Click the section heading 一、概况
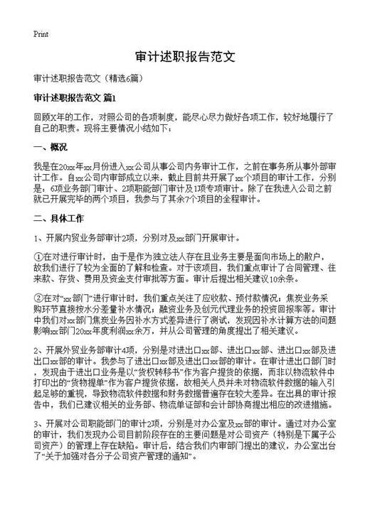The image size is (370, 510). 50,148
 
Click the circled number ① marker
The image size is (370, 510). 38,255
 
